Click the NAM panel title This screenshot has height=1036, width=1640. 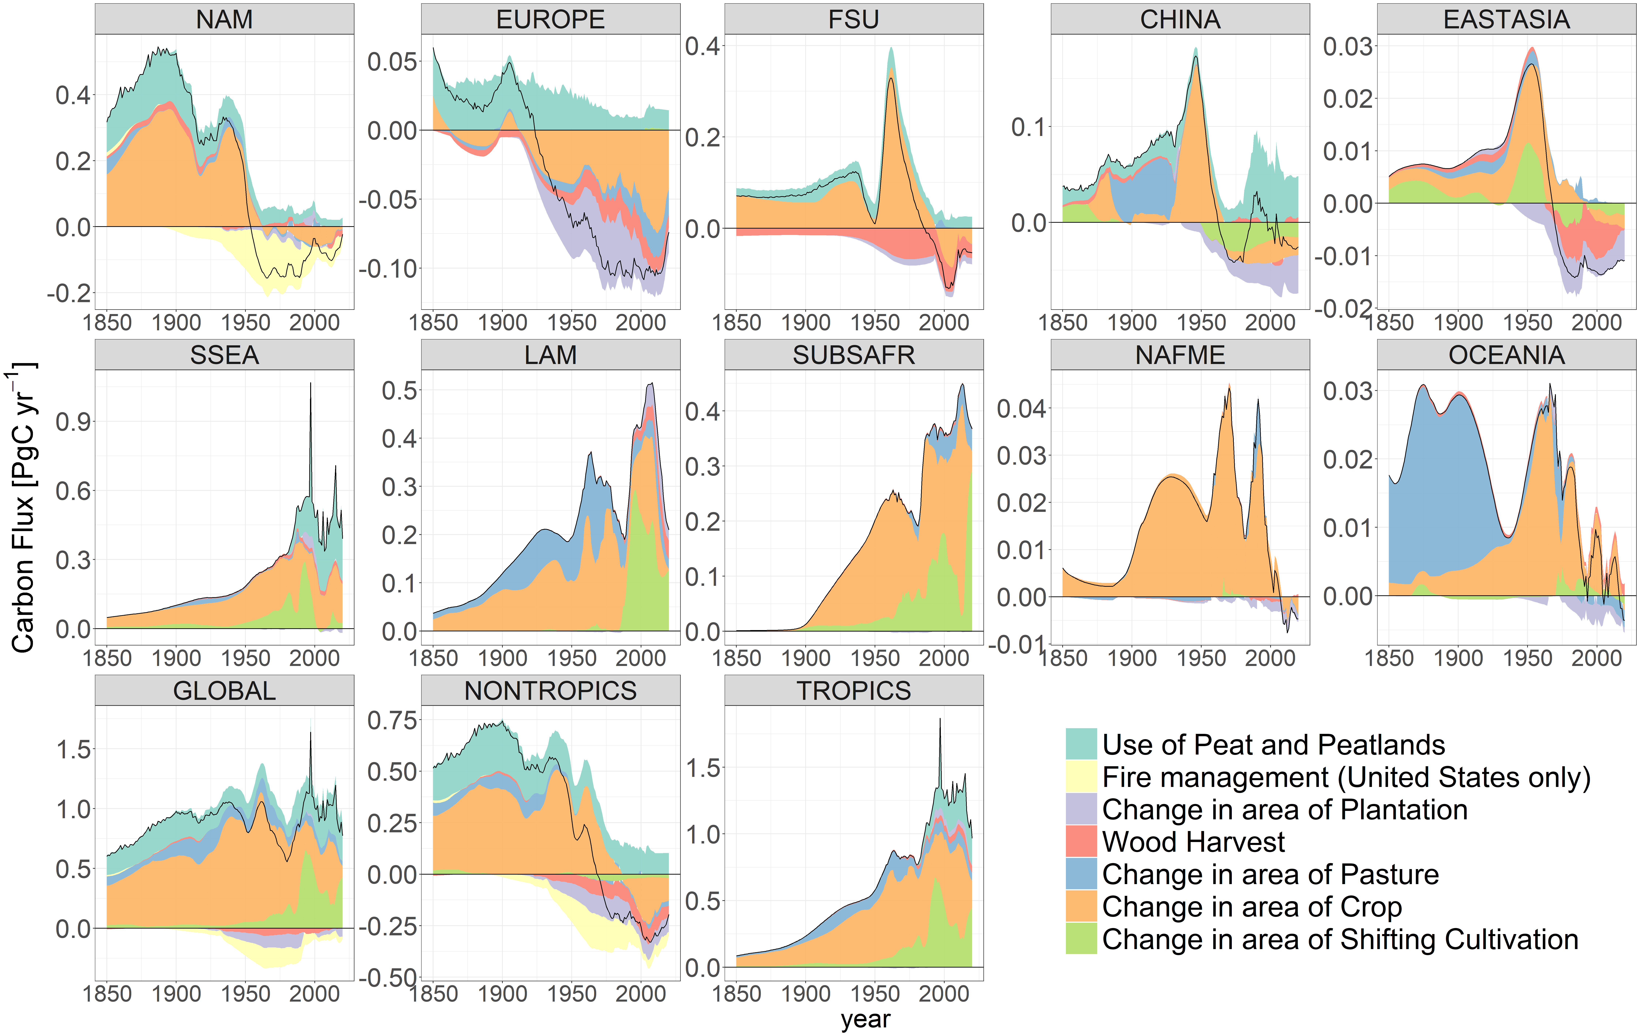(224, 19)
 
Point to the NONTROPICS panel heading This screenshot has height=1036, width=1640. (550, 690)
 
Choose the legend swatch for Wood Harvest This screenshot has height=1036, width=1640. (1081, 841)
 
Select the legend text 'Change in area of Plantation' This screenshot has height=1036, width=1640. (1284, 809)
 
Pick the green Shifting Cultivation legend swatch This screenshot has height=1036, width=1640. (1081, 938)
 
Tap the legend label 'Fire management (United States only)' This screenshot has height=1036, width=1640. (1346, 777)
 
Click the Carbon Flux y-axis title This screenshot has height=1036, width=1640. (23, 508)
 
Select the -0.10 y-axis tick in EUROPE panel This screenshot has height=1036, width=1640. (388, 268)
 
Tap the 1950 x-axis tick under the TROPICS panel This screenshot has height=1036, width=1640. (875, 994)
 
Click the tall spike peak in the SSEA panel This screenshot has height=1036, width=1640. (311, 384)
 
